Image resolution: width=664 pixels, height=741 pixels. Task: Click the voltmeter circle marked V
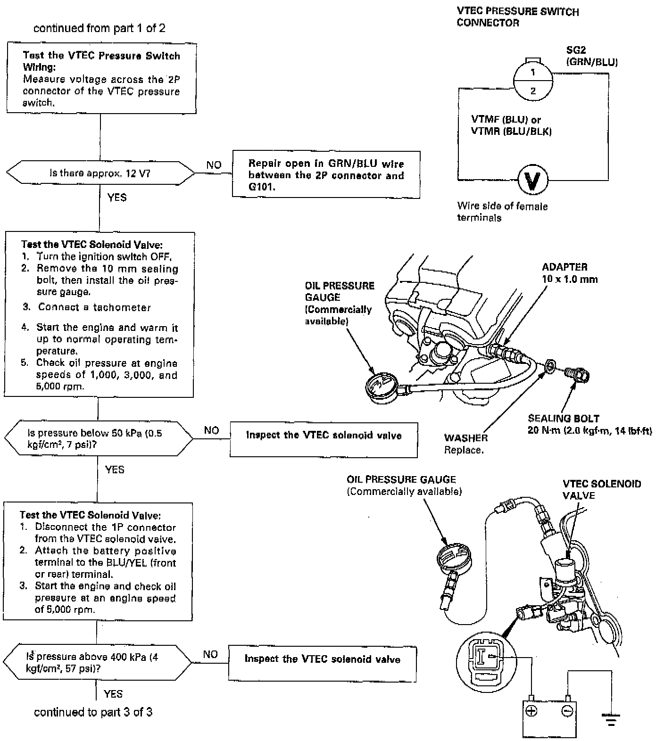[533, 180]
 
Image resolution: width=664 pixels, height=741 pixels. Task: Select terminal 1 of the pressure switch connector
[533, 73]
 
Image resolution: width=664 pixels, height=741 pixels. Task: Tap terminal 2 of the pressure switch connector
[533, 91]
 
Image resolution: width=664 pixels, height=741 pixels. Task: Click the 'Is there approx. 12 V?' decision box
[100, 173]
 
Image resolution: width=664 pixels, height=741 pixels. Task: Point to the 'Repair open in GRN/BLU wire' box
[326, 175]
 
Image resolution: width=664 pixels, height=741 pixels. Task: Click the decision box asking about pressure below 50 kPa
[98, 438]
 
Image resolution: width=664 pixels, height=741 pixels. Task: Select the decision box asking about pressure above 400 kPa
[97, 662]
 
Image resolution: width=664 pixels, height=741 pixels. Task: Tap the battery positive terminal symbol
[531, 710]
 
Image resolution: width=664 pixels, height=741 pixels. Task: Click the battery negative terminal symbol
[567, 710]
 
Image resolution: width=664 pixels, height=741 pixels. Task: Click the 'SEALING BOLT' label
[564, 418]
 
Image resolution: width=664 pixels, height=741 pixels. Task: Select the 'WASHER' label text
[466, 437]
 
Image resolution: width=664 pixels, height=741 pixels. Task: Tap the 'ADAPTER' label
[564, 267]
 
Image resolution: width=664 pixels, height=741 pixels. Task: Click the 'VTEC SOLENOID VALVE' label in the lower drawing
[602, 489]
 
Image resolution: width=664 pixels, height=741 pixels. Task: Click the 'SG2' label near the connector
[576, 50]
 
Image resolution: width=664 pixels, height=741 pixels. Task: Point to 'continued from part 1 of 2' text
[99, 28]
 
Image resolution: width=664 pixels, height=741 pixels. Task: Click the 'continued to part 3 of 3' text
[93, 712]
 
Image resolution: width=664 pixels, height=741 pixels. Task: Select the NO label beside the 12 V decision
[214, 165]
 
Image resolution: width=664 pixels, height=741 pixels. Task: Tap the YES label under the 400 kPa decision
[113, 693]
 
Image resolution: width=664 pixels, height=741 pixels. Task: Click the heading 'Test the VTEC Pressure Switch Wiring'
[101, 61]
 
